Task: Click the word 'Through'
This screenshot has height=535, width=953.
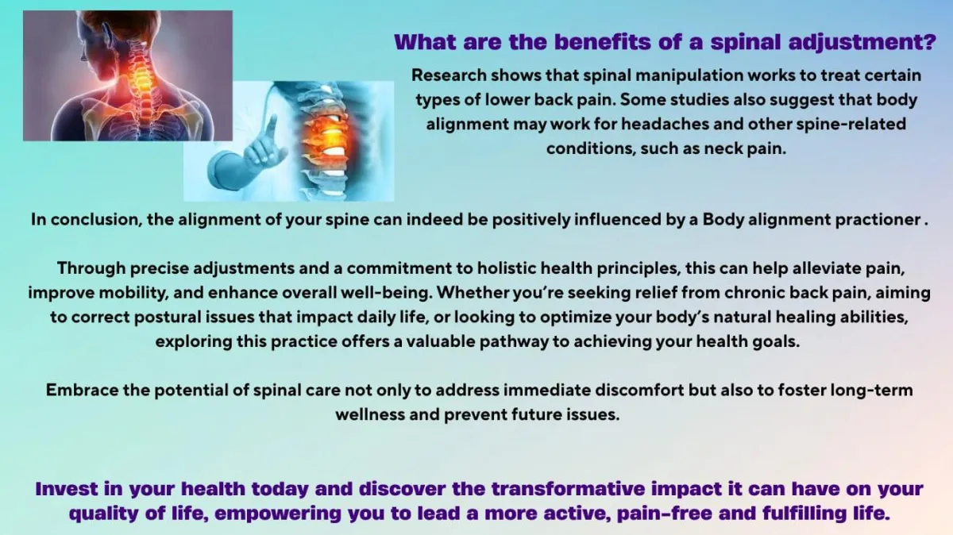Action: pyautogui.click(x=91, y=269)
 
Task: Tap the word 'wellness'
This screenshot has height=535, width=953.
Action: pyautogui.click(x=370, y=414)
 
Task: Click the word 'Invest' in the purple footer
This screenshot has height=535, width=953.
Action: pyautogui.click(x=66, y=489)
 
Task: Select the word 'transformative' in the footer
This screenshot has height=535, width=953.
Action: pyautogui.click(x=569, y=489)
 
